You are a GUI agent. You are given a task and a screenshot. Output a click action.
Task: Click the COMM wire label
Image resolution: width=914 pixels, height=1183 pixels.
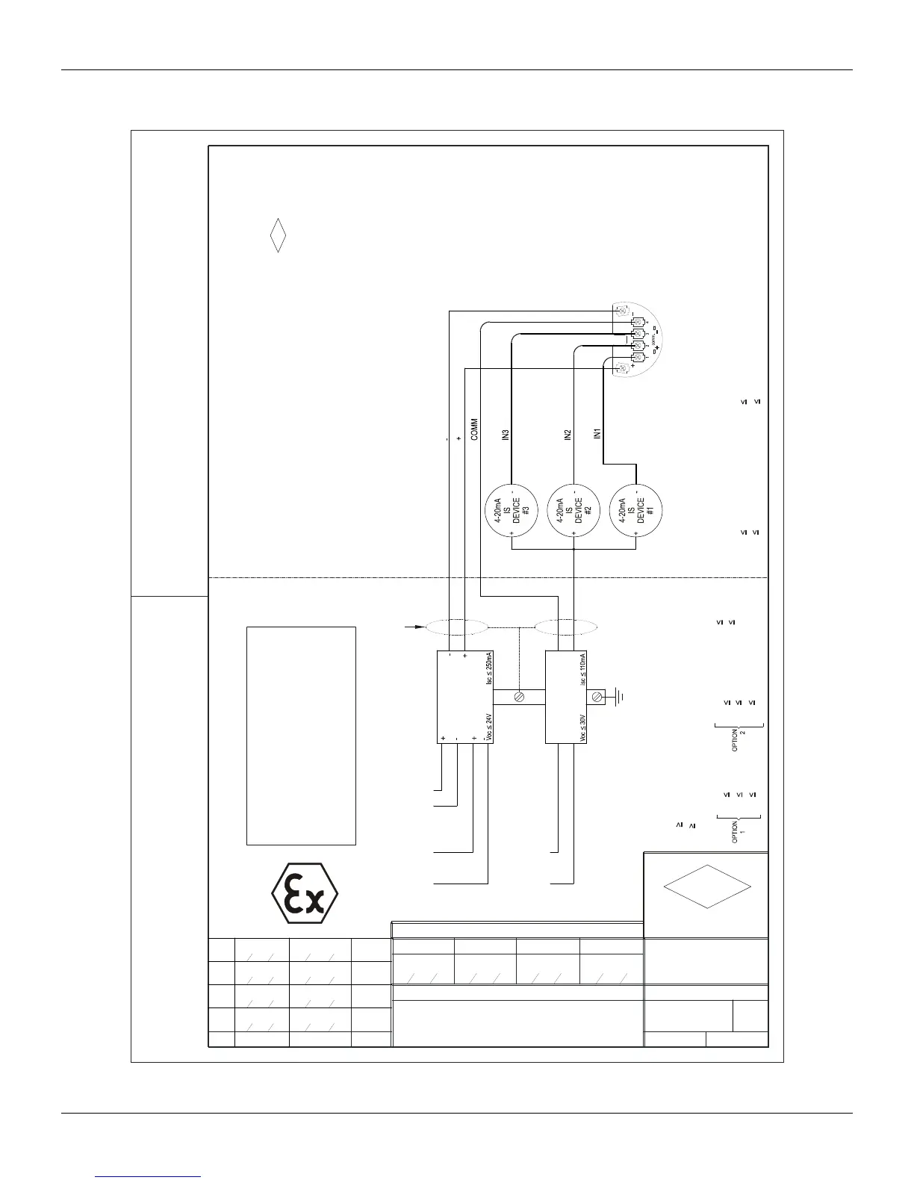click(476, 430)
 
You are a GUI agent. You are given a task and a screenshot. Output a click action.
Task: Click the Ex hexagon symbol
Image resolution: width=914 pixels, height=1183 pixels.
click(305, 893)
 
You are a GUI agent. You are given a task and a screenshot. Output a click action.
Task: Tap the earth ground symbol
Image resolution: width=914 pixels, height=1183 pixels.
click(620, 698)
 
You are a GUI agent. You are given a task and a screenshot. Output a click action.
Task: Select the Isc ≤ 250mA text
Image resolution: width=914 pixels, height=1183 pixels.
click(490, 668)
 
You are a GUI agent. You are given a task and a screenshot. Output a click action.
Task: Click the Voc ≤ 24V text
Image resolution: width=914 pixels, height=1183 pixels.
click(490, 727)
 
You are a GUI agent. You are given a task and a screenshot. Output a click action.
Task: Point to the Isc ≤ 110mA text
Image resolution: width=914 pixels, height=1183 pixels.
click(583, 669)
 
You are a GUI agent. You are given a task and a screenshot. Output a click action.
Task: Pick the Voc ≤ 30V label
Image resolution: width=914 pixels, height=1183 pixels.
click(583, 727)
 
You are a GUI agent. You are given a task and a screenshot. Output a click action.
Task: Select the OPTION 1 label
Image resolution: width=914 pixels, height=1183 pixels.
click(739, 830)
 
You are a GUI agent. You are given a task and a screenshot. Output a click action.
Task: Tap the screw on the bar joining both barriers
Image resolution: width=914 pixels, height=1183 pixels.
click(520, 698)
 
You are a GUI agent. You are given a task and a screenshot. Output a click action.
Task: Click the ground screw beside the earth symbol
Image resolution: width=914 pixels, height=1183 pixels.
click(597, 698)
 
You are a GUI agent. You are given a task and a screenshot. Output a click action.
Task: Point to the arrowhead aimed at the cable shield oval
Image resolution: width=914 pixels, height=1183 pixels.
click(417, 627)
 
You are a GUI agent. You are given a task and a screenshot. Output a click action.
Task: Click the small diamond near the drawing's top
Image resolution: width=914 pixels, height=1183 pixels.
click(278, 235)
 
